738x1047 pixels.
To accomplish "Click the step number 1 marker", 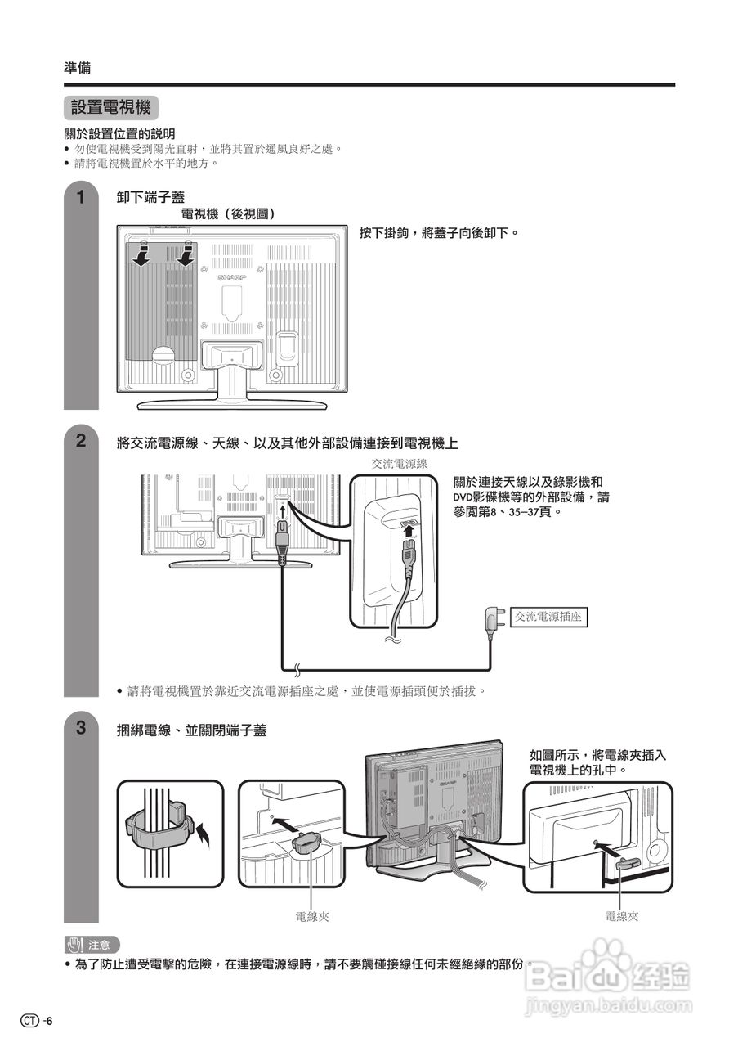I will pos(80,197).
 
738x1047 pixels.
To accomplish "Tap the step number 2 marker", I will pos(80,441).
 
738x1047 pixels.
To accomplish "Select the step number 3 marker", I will pos(80,727).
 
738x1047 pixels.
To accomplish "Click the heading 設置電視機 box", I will pos(110,108).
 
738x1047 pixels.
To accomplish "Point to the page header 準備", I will pos(78,68).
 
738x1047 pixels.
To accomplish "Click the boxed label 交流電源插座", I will pos(548,617).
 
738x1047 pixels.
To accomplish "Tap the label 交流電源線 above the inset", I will pos(394,463).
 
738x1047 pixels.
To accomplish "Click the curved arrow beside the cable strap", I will pos(204,834).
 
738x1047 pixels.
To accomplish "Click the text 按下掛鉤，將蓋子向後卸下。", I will pos(440,234).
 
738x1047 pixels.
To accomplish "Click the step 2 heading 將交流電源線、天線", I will pos(287,443).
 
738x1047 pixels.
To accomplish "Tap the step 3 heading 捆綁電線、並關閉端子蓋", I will pos(191,730).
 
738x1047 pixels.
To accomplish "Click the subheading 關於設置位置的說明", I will pos(119,133).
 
